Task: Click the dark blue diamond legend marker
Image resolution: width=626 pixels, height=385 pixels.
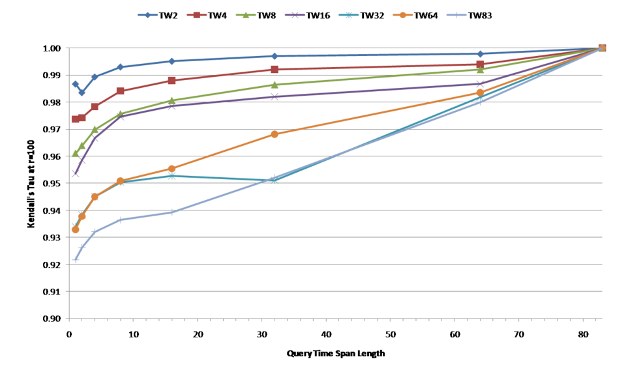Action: point(147,15)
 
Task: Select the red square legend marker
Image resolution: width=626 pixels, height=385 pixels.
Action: point(196,15)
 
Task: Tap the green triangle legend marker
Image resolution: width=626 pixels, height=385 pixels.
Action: point(246,15)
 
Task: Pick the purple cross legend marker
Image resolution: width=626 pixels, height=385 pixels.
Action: point(295,15)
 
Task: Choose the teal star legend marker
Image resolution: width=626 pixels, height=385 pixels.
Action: point(349,15)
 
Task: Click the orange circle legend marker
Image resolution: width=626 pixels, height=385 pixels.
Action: point(402,15)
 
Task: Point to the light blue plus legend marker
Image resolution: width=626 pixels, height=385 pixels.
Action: point(456,15)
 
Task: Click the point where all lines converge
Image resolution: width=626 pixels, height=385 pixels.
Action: point(602,48)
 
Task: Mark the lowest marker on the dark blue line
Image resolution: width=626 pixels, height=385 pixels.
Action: point(82,93)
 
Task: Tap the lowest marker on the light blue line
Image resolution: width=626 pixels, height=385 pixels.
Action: point(76,259)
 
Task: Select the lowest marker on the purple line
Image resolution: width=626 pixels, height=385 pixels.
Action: point(76,174)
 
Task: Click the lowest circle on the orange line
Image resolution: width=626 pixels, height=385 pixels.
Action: point(75,230)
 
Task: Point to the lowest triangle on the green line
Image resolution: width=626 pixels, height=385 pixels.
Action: point(76,154)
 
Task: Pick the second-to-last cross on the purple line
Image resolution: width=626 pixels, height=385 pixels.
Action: point(480,83)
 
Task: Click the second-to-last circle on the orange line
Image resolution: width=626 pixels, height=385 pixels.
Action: point(480,93)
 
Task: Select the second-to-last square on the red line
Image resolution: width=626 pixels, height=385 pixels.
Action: point(480,64)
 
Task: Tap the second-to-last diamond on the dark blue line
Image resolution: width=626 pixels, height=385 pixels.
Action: point(480,53)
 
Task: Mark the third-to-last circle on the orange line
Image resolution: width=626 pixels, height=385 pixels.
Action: point(275,134)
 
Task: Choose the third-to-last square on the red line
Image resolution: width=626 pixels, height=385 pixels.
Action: point(275,69)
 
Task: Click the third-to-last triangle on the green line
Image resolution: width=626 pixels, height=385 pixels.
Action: point(275,85)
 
